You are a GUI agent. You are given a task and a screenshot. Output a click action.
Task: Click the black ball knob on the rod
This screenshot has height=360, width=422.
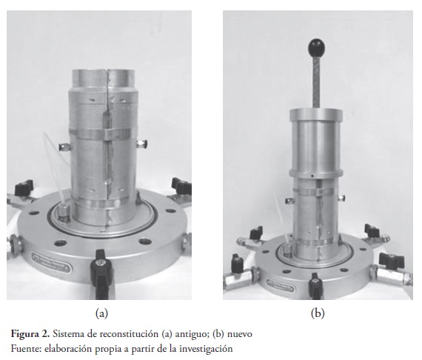[316, 47]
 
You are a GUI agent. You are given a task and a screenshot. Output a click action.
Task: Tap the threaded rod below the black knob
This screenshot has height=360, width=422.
[316, 81]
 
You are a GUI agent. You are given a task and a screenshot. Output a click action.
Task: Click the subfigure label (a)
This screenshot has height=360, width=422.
[101, 313]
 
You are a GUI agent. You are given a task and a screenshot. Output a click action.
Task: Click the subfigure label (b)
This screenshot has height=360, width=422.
[318, 313]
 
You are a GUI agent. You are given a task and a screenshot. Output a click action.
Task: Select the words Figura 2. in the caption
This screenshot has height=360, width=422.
[30, 334]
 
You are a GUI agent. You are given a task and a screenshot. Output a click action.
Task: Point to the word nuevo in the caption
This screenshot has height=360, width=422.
[240, 335]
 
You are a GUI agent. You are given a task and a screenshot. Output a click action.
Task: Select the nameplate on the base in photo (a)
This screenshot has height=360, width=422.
[51, 262]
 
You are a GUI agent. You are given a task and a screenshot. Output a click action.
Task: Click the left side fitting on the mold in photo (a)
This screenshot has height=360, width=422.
[65, 147]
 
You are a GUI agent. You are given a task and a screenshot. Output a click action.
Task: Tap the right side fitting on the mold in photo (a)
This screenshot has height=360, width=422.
[141, 144]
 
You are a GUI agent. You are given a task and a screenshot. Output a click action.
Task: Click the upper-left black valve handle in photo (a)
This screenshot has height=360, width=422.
[24, 187]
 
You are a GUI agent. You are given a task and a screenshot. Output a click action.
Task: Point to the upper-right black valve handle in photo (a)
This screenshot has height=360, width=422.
[181, 185]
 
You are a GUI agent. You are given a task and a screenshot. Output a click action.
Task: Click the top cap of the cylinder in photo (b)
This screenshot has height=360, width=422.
[316, 114]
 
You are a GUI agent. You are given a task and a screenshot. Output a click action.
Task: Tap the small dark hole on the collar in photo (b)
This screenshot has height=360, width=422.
[312, 176]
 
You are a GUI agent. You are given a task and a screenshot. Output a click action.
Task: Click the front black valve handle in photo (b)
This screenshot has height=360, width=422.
[315, 286]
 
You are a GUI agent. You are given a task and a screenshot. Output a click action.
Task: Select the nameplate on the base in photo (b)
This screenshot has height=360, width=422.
[280, 285]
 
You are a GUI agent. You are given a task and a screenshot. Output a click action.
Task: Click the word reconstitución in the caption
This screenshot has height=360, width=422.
[129, 334]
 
